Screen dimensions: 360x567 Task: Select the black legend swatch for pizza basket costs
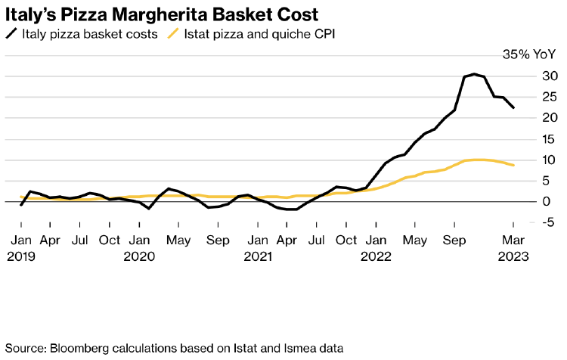pos(12,33)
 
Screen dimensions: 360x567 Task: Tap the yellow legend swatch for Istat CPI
pos(174,33)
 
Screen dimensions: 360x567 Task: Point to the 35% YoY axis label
pos(528,54)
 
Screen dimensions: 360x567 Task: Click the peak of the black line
pos(474,74)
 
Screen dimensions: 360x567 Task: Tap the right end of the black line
pos(513,107)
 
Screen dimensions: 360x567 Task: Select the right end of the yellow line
pos(513,165)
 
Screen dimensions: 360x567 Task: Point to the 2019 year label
pos(21,256)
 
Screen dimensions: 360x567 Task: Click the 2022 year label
pos(376,256)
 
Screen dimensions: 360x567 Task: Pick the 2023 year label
pos(513,256)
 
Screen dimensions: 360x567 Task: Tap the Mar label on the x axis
pos(513,240)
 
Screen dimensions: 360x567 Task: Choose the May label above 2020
pos(178,240)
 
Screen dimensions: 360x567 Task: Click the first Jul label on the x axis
pos(80,240)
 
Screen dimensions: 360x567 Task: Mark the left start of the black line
pos(21,205)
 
